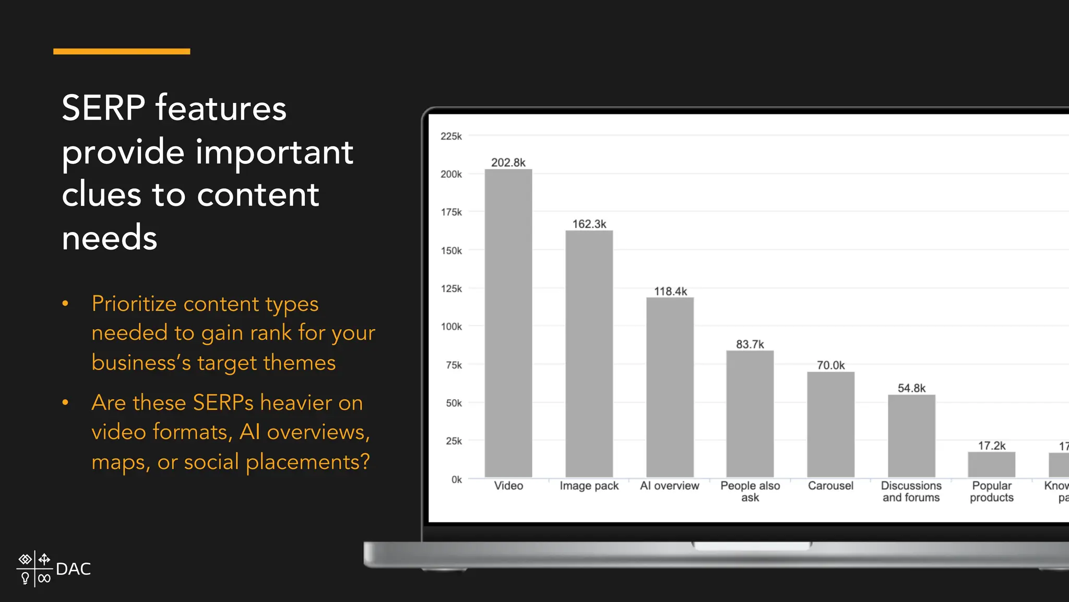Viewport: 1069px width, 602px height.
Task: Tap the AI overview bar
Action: click(x=670, y=387)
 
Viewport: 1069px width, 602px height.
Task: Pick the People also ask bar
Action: click(x=750, y=413)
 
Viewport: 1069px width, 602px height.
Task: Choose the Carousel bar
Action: click(x=830, y=424)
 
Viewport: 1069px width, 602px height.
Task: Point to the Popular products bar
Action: click(x=991, y=464)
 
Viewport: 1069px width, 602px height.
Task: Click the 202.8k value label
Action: click(x=508, y=163)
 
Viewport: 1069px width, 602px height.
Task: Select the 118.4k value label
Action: click(x=670, y=291)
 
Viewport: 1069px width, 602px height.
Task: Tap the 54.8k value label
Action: click(x=911, y=388)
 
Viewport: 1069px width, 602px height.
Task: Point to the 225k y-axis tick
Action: click(x=451, y=136)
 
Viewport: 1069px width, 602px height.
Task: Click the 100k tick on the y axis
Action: click(x=451, y=327)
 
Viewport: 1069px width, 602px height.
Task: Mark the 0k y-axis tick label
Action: click(x=456, y=480)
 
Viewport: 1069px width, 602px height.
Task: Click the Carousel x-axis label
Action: click(x=830, y=486)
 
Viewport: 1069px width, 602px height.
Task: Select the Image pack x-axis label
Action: click(x=589, y=486)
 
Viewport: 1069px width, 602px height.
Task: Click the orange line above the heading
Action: click(x=122, y=51)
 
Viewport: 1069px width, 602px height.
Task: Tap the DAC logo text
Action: click(x=73, y=569)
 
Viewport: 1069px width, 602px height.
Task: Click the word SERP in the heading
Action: click(x=103, y=108)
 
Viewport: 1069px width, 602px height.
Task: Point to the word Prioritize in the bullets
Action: click(x=133, y=304)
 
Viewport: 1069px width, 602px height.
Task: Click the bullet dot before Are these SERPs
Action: click(x=65, y=402)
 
